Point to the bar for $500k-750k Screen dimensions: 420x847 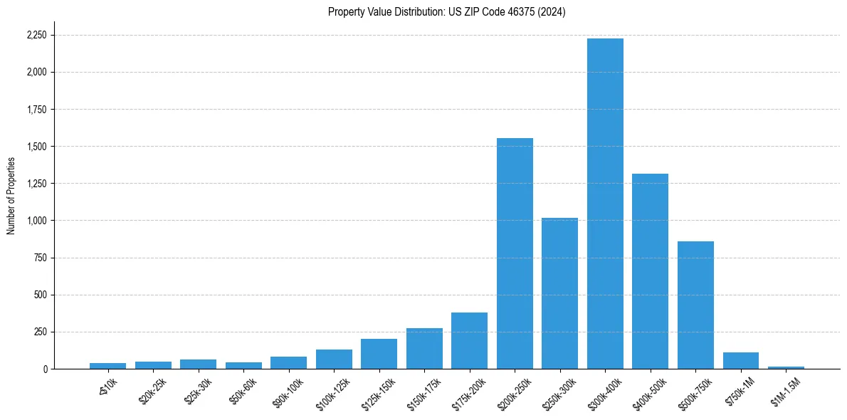pyautogui.click(x=695, y=305)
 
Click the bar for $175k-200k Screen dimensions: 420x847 pyautogui.click(x=469, y=341)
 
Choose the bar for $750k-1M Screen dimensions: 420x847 pyautogui.click(x=740, y=361)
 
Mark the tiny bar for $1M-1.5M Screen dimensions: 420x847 pyautogui.click(x=786, y=367)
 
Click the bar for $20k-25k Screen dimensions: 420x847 pyautogui.click(x=153, y=365)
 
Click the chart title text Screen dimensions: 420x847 pyautogui.click(x=446, y=12)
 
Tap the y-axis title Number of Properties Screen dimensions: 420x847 pyautogui.click(x=11, y=195)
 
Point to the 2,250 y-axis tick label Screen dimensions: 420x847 pyautogui.click(x=36, y=35)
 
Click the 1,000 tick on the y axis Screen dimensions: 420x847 pyautogui.click(x=36, y=221)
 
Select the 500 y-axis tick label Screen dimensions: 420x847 pyautogui.click(x=41, y=295)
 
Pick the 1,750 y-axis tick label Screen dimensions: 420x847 pyautogui.click(x=36, y=110)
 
